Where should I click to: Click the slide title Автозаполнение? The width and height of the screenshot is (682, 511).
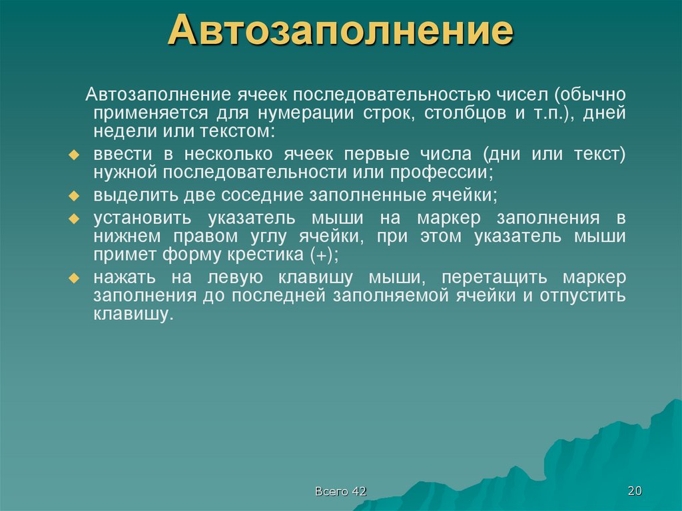pyautogui.click(x=340, y=31)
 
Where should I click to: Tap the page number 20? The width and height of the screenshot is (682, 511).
pyautogui.click(x=634, y=491)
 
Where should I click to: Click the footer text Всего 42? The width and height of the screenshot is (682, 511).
pyautogui.click(x=341, y=492)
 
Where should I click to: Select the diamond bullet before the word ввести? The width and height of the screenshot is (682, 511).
pyautogui.click(x=75, y=155)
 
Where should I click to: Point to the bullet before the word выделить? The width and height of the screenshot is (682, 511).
pyautogui.click(x=75, y=197)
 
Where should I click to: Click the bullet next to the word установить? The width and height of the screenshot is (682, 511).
pyautogui.click(x=75, y=219)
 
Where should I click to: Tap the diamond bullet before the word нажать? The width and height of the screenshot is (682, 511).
pyautogui.click(x=75, y=278)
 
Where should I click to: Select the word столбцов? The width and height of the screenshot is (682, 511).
pyautogui.click(x=471, y=113)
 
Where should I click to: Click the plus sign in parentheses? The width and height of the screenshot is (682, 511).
pyautogui.click(x=323, y=255)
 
